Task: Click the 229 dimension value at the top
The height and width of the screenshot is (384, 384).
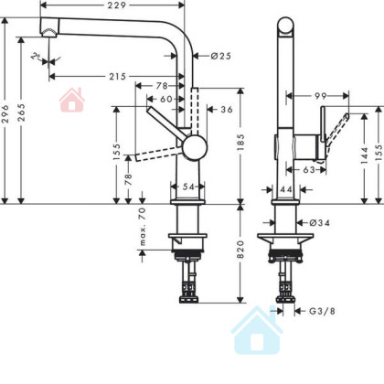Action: [x=117, y=5]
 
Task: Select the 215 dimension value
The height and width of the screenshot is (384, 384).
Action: [x=118, y=76]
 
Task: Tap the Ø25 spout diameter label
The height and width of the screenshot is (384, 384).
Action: [x=221, y=56]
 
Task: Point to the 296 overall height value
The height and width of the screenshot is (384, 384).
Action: [x=5, y=113]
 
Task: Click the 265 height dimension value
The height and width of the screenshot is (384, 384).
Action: [x=21, y=112]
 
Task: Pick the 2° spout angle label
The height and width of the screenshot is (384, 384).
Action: [x=37, y=56]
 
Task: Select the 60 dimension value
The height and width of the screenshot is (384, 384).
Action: [x=166, y=99]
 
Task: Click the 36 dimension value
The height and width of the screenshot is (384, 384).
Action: [x=227, y=110]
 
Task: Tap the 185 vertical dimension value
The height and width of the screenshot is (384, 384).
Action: [x=240, y=143]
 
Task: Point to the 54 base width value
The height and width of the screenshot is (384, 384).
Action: [x=188, y=187]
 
